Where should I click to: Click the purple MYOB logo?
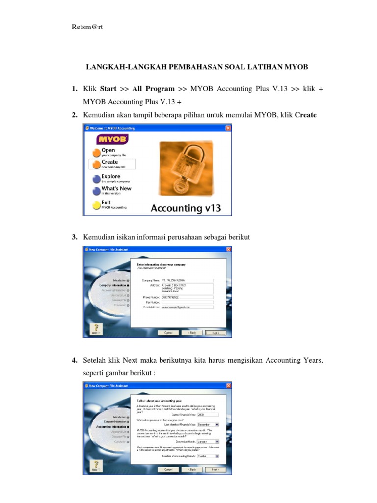(x=112, y=139)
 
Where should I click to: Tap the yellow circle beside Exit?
(x=96, y=205)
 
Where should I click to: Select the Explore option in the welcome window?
(x=110, y=176)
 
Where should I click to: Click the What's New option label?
(x=116, y=188)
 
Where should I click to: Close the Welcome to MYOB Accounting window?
(x=228, y=128)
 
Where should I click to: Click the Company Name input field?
(x=187, y=280)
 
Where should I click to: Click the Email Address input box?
(x=187, y=307)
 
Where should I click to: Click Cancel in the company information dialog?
(x=168, y=332)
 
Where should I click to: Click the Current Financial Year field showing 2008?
(x=208, y=415)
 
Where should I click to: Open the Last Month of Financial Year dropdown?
(x=208, y=424)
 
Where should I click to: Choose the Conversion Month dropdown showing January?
(x=208, y=441)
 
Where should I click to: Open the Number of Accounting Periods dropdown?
(x=208, y=456)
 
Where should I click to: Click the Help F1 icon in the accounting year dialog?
(x=95, y=465)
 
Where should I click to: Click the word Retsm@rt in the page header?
(x=87, y=28)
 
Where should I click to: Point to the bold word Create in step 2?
(x=305, y=115)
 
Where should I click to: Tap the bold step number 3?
(x=74, y=237)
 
